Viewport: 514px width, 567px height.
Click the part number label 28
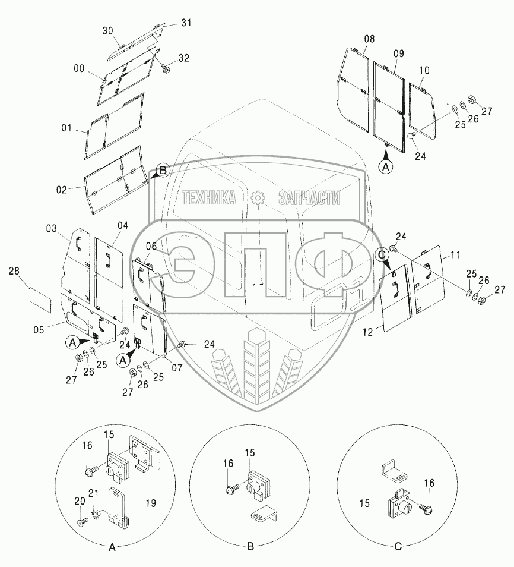click(14, 272)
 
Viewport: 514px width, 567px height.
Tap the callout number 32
click(184, 58)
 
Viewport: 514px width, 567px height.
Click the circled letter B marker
click(163, 169)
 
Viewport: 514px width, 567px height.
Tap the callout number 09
click(398, 53)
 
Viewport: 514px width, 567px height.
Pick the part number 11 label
click(455, 254)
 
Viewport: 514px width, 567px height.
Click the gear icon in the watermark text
click(257, 198)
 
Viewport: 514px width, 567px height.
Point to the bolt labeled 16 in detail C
click(426, 508)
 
